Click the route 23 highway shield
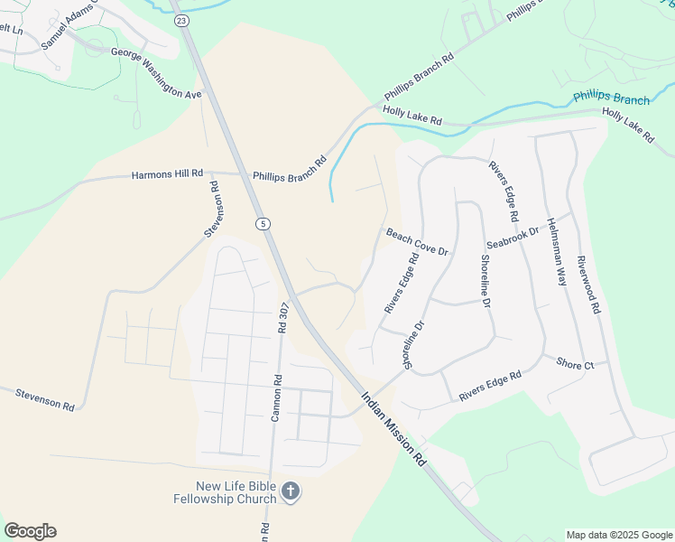click(x=182, y=20)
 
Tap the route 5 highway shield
click(x=262, y=224)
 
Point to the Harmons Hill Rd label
click(x=168, y=174)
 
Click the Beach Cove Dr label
click(x=418, y=241)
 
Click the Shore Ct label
click(x=575, y=364)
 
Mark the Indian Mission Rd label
click(x=393, y=427)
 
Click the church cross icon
click(x=290, y=491)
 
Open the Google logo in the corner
click(x=30, y=531)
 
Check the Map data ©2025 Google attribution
click(x=619, y=535)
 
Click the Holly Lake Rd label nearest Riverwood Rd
click(x=628, y=126)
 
